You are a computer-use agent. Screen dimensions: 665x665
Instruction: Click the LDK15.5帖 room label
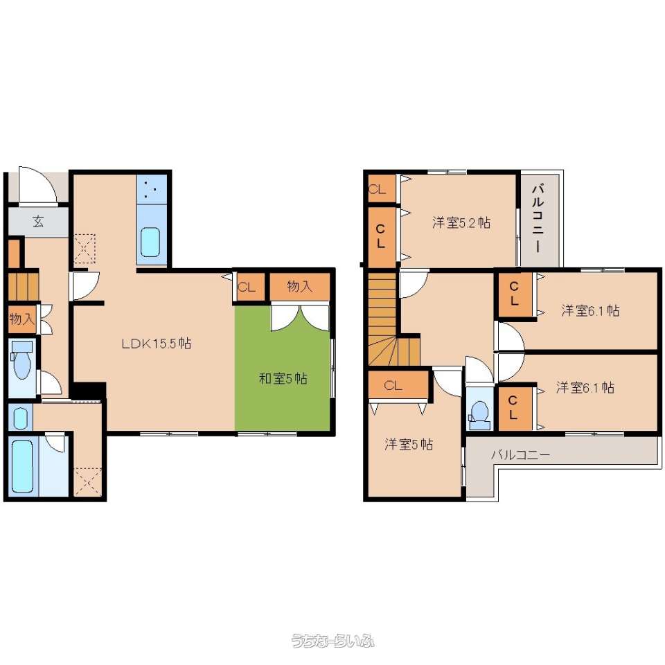tap(156, 343)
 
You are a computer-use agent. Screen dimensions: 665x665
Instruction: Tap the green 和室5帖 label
tap(283, 378)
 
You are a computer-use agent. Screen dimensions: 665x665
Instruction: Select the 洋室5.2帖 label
tap(461, 222)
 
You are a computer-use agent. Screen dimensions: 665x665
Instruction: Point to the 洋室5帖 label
tap(409, 444)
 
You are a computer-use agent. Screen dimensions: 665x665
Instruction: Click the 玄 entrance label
tap(38, 221)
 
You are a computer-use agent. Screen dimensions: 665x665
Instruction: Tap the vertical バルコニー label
tap(538, 218)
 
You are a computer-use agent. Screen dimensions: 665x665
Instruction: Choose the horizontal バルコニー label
tap(521, 455)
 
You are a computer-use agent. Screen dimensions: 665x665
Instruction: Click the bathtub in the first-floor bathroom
tap(22, 465)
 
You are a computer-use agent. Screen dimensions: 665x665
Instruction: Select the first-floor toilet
tap(21, 360)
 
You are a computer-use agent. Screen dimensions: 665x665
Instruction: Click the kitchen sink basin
tap(150, 242)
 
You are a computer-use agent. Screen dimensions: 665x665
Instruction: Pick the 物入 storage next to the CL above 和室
tap(300, 287)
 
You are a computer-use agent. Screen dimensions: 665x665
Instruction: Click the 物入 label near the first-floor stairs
tap(21, 318)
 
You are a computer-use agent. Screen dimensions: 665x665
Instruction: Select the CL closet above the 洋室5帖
tap(398, 385)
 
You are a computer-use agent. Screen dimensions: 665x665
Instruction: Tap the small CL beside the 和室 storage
tap(247, 287)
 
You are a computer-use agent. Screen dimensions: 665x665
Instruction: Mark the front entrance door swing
tap(37, 185)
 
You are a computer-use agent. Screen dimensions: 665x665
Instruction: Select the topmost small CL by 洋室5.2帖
tap(381, 189)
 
